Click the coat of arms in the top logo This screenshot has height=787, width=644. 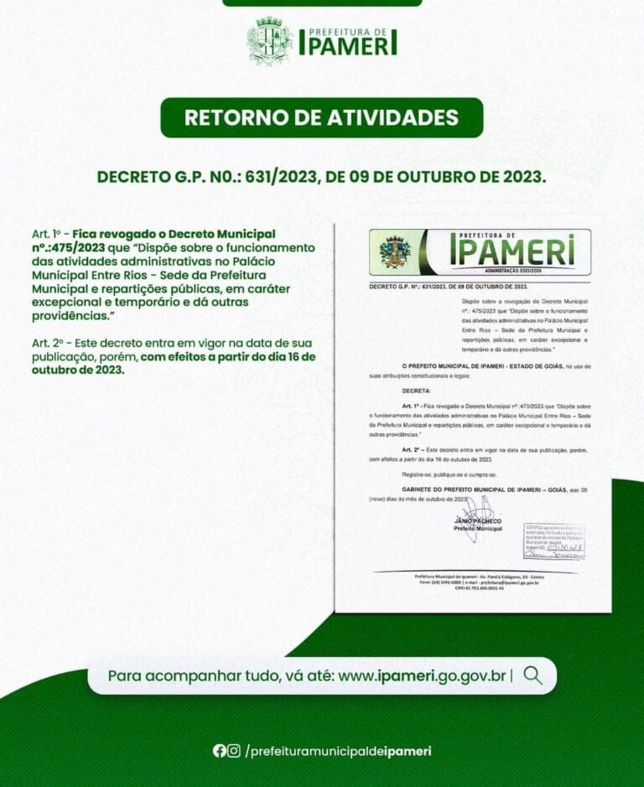point(269,41)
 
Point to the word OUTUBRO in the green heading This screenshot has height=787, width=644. point(416,178)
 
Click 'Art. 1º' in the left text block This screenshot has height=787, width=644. point(49,232)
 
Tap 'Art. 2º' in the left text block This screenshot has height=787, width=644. point(49,344)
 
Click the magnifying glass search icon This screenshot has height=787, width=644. point(532,676)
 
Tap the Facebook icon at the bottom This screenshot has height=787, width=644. point(219,751)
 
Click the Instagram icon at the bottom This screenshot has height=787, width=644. point(234,751)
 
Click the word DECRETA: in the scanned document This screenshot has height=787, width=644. point(417,391)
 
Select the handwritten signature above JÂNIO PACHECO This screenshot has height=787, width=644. point(478,510)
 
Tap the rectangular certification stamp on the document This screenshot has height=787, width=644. point(553,541)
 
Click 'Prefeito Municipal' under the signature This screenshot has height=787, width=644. point(477,529)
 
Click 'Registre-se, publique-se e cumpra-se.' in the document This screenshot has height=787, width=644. point(450,474)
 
